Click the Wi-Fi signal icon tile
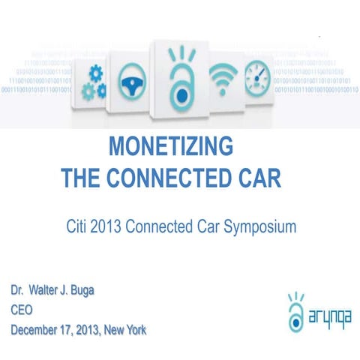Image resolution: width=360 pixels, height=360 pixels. pyautogui.click(x=223, y=78)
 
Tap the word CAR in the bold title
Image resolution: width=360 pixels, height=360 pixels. pyautogui.click(x=258, y=178)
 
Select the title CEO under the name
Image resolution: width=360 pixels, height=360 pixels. pyautogui.click(x=22, y=309)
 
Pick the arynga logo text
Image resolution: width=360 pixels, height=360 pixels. pyautogui.click(x=329, y=317)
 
